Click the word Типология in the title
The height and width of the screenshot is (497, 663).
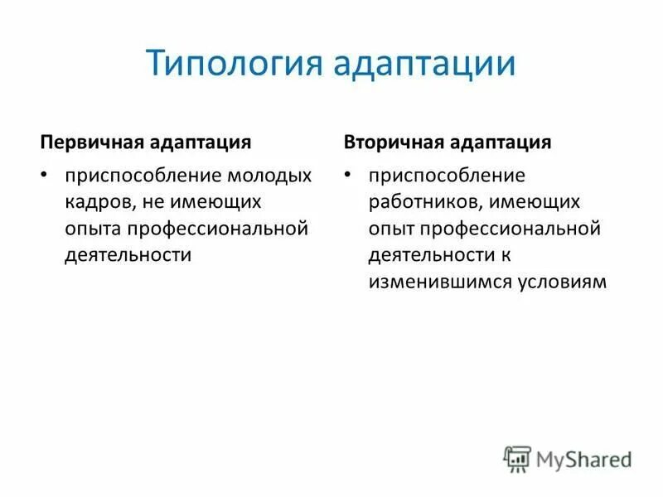click(233, 65)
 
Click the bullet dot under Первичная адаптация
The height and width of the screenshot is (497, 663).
click(46, 176)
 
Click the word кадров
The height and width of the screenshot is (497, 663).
click(94, 202)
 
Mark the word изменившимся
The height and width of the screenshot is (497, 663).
click(432, 282)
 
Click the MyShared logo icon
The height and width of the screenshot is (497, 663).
click(516, 458)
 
